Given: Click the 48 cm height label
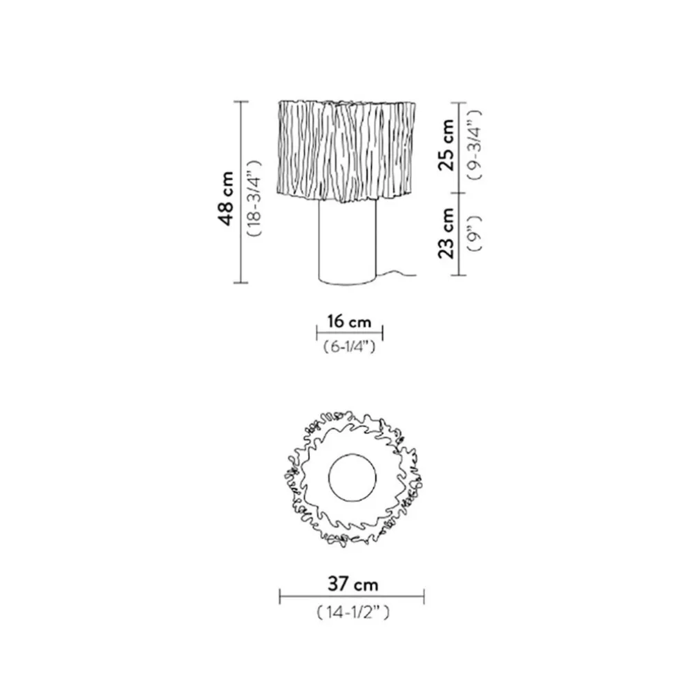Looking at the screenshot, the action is (x=227, y=198).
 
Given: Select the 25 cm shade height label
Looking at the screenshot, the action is (x=446, y=145).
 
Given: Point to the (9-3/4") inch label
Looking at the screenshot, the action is (x=474, y=144).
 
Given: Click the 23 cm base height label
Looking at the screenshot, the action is (x=446, y=234).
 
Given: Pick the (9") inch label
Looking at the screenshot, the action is (x=474, y=234).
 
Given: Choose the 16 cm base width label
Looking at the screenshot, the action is (x=350, y=321).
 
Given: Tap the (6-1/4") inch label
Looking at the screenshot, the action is (x=350, y=346).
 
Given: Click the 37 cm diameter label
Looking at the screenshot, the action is (x=352, y=584).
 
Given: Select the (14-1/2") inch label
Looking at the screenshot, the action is (x=352, y=612).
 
